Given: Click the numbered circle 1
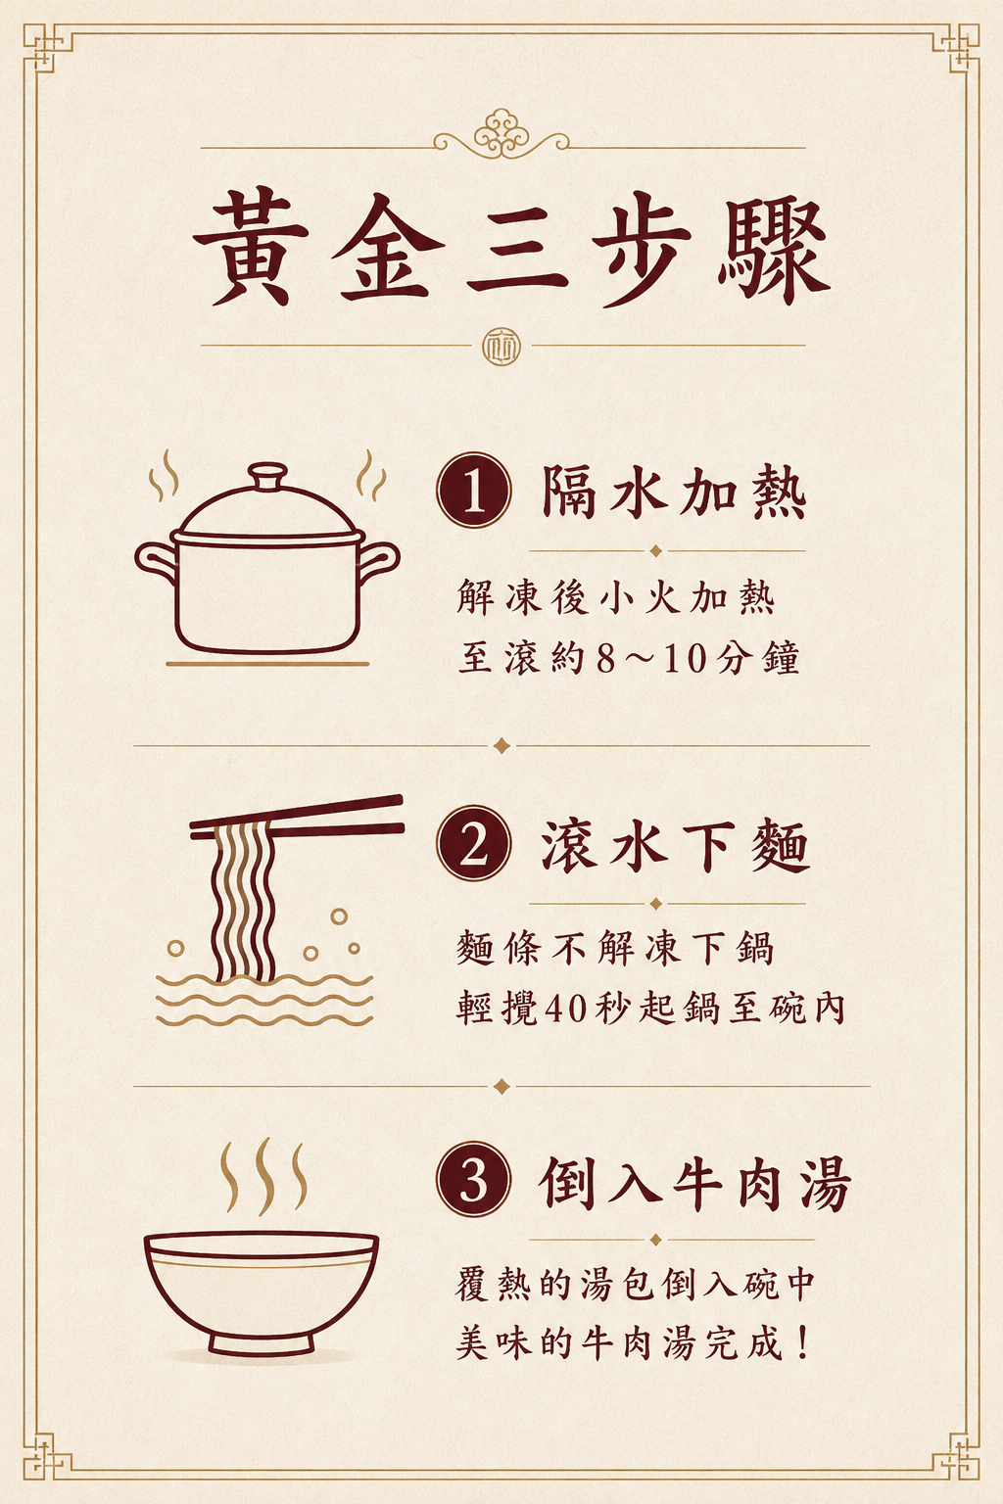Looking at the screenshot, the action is [474, 491].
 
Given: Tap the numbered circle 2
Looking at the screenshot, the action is [474, 843].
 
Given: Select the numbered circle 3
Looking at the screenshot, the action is [474, 1180].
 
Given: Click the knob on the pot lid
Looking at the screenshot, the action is [267, 477].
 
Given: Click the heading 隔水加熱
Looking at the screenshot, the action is [674, 493].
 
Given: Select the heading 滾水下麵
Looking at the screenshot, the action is [675, 845].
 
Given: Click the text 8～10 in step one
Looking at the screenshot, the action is [649, 659].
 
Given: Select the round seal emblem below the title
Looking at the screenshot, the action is [501, 348].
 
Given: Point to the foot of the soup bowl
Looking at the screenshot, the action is [261, 1342].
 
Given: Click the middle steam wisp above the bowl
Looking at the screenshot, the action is [264, 1175].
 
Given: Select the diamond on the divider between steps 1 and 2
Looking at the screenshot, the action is [501, 745].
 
